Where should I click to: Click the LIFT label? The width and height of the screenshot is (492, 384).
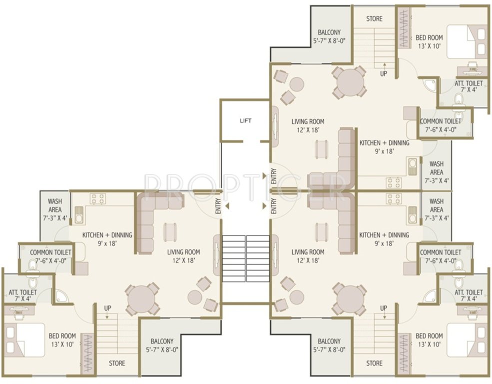245,120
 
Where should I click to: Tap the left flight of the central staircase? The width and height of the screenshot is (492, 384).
233,253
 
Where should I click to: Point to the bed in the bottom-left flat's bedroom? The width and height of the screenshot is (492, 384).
25,339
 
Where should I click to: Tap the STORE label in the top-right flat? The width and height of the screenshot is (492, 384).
374,19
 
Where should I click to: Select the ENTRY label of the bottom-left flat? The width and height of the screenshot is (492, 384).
218,207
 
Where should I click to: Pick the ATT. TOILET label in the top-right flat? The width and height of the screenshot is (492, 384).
469,86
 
